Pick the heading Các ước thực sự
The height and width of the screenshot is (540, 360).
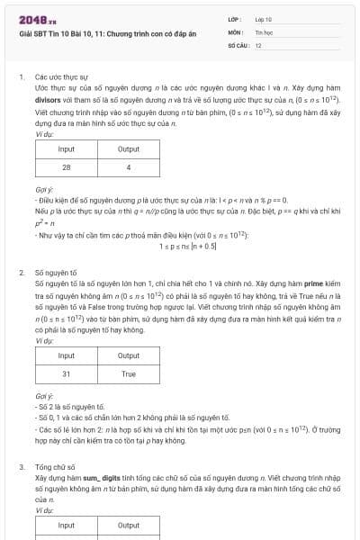(x=56, y=77)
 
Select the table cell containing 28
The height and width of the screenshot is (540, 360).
(x=66, y=167)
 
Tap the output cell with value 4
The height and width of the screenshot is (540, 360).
(x=129, y=167)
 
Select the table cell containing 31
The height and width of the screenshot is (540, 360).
(x=66, y=373)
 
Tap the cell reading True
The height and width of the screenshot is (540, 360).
(x=129, y=373)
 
